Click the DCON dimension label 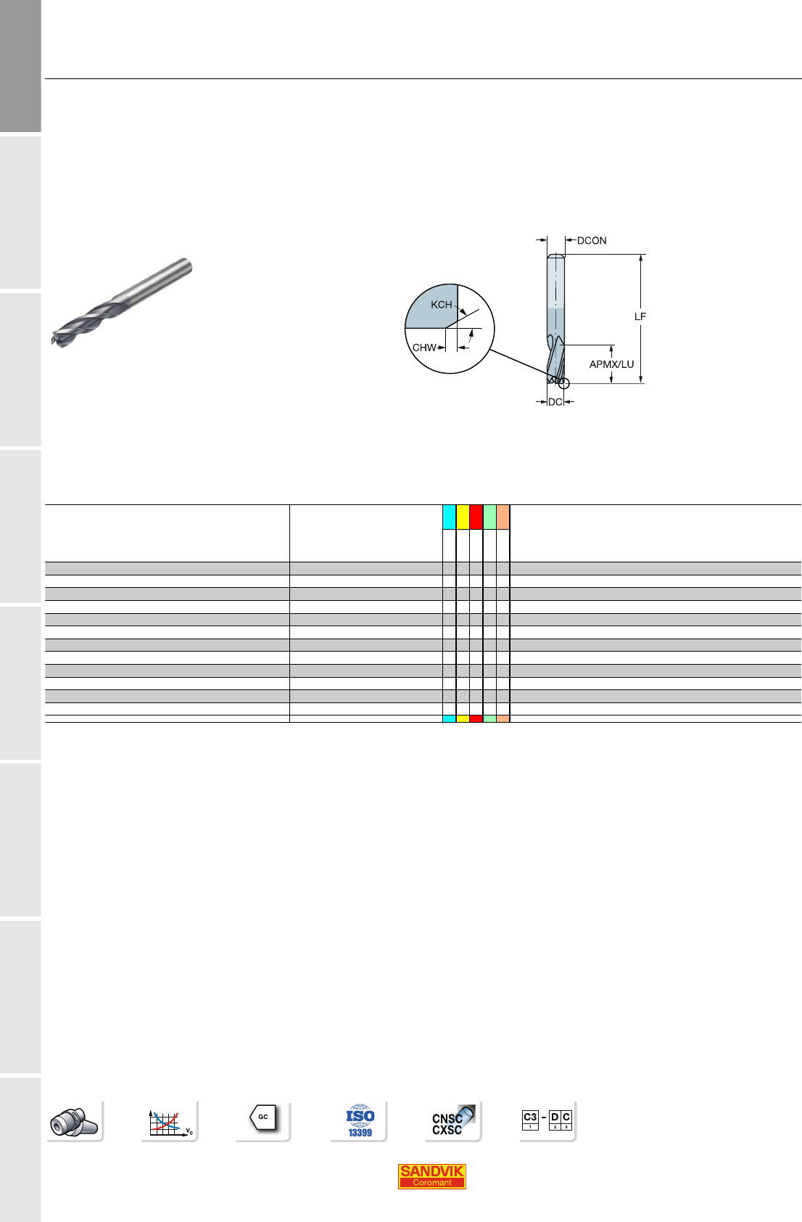click(592, 241)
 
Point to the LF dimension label click(640, 316)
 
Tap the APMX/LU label click(611, 364)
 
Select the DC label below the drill click(555, 402)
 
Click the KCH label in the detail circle click(441, 304)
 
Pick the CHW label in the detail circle click(424, 348)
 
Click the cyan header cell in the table click(450, 517)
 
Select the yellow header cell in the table click(463, 517)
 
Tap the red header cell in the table click(476, 517)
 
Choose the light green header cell click(489, 517)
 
